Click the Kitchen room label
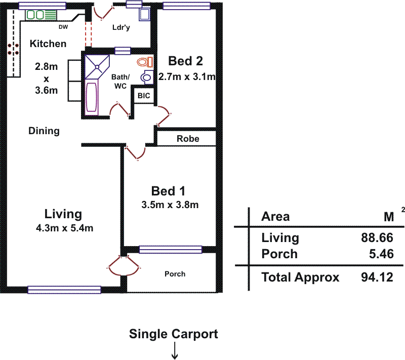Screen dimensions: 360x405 click(x=48, y=44)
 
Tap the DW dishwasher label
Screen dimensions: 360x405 click(x=63, y=27)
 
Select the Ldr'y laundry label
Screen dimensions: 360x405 click(x=121, y=28)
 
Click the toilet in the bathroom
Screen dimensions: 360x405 click(x=145, y=62)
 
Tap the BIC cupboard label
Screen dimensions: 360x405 click(x=144, y=95)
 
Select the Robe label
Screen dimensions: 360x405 click(x=188, y=138)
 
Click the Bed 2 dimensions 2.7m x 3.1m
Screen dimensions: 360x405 click(x=187, y=77)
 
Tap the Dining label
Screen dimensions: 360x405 click(x=44, y=131)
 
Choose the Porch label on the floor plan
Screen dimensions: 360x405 click(x=175, y=274)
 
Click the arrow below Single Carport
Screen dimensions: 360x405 click(x=175, y=351)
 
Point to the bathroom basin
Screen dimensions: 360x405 click(x=147, y=78)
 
